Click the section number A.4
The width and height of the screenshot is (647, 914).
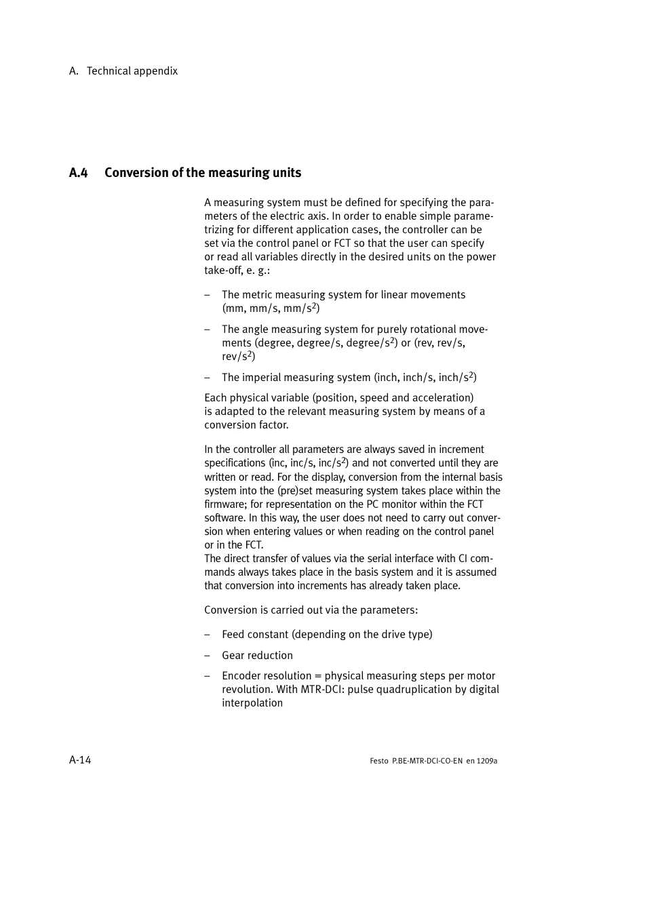tap(78, 173)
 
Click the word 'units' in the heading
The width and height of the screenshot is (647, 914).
tap(287, 173)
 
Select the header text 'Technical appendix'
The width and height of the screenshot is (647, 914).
tap(132, 71)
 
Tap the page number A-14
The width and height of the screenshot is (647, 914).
tap(80, 760)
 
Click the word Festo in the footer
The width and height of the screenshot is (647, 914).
tap(379, 761)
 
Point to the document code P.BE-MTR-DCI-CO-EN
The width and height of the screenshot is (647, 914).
tap(427, 761)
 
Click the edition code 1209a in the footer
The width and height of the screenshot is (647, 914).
tap(487, 761)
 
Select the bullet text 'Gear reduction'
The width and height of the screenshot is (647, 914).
tap(257, 656)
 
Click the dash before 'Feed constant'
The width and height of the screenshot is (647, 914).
tap(208, 635)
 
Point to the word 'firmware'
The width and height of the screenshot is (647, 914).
tap(226, 504)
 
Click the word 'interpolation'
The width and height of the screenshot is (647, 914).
tap(252, 703)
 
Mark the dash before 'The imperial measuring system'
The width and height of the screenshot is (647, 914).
tap(208, 378)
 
